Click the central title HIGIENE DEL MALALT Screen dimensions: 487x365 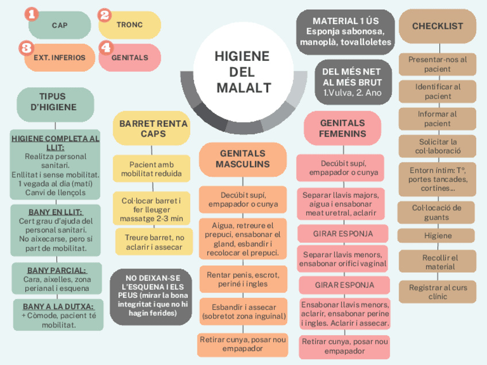pos(242,72)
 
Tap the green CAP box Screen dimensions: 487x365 pos(59,25)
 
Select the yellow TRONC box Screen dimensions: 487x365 pos(129,25)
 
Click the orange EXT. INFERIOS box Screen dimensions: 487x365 pos(59,57)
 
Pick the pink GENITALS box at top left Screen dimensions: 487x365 pos(129,57)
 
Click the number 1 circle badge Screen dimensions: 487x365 pos(33,14)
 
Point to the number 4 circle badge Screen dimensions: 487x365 pos(105,48)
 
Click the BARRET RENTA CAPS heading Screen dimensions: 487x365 pos(153,129)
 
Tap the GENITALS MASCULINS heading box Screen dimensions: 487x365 pos(242,159)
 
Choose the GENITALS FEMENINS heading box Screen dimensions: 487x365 pos(342,128)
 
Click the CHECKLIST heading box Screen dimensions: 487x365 pos(438,26)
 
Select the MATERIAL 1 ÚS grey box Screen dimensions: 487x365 pos(346,32)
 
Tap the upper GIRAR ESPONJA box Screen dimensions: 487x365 pos(343,234)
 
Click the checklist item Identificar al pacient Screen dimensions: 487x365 pos(438,91)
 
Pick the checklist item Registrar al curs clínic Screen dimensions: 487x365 pos(438,292)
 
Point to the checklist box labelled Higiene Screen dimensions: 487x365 pos(438,236)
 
